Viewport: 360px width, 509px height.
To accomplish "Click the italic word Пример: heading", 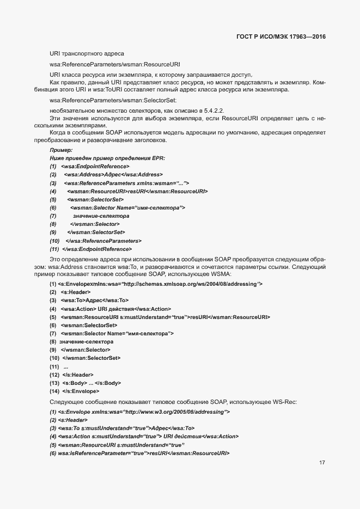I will point(61,150).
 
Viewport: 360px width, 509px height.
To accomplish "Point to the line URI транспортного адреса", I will point(87,53).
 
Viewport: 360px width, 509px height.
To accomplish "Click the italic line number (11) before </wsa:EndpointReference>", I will point(54,249).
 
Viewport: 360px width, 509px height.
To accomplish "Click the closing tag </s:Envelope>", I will point(81,391).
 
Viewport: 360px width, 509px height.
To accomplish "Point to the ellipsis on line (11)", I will point(66,366).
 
